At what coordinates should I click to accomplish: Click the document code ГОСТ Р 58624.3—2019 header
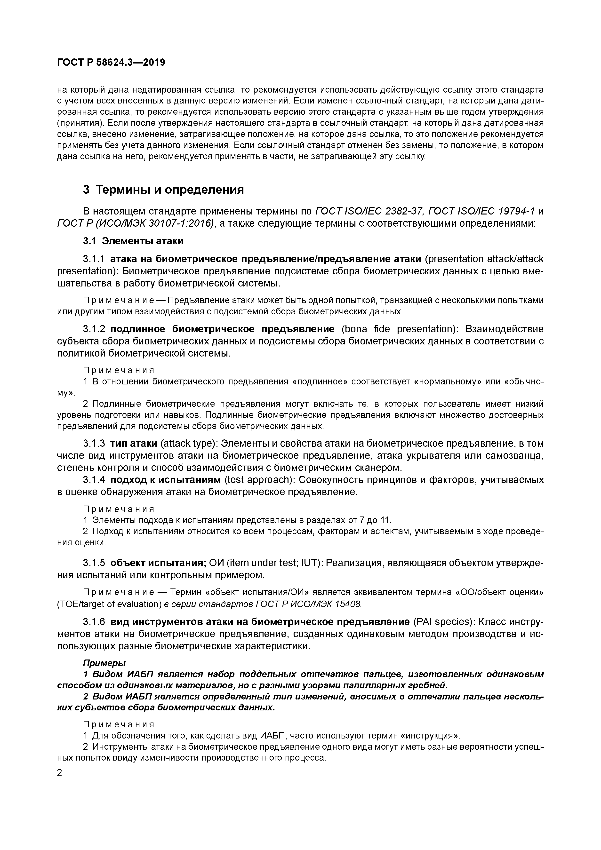(x=111, y=63)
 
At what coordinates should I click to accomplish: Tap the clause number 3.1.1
(x=94, y=259)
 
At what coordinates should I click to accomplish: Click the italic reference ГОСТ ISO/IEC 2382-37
(x=369, y=211)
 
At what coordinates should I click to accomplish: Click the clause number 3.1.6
(x=94, y=622)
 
